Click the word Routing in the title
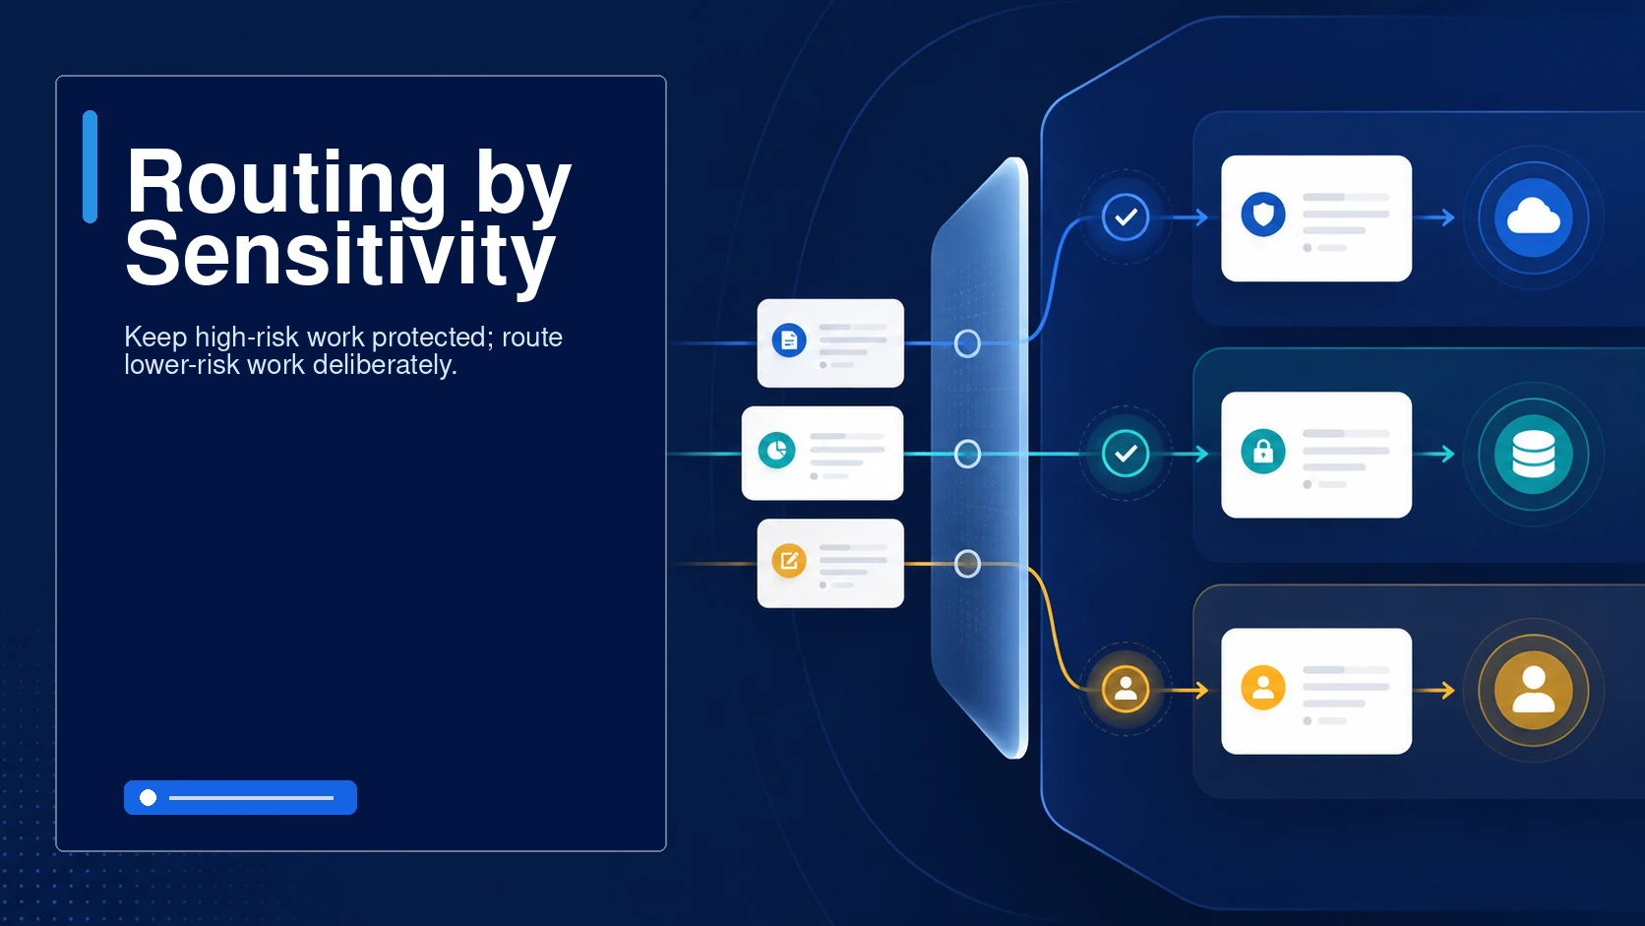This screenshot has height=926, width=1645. (286, 181)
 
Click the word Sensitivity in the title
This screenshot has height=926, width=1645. (340, 255)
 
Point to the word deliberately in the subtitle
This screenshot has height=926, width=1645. (385, 365)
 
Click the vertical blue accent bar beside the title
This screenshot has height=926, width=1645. (90, 166)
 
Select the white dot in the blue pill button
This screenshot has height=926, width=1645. (149, 797)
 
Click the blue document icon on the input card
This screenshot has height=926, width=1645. (789, 340)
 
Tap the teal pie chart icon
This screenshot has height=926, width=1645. (776, 450)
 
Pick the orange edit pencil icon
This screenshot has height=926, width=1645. (789, 561)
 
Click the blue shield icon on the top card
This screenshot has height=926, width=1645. (1263, 215)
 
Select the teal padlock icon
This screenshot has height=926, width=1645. (1263, 451)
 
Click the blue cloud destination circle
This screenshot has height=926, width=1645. (1534, 218)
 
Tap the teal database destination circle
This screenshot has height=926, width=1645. (1534, 454)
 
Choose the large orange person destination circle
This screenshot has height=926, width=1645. (1534, 690)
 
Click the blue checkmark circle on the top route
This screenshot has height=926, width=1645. (1126, 217)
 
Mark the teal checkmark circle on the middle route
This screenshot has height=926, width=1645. (1126, 454)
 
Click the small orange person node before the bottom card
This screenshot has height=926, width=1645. (1126, 690)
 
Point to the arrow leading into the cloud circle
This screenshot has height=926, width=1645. (1434, 217)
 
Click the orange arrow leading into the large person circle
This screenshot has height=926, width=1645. (1434, 690)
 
